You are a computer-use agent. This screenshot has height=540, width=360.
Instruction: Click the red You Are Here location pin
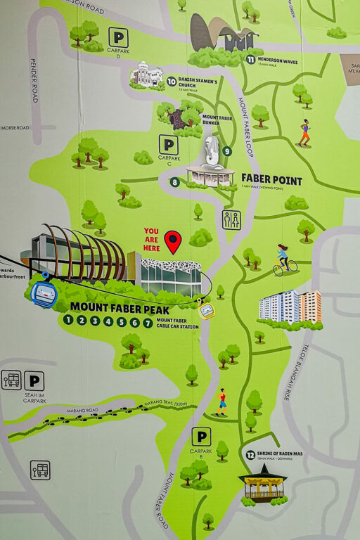tap(172, 242)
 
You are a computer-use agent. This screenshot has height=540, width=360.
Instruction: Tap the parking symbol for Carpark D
tap(118, 37)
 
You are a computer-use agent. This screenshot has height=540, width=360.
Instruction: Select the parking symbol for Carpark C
tap(168, 145)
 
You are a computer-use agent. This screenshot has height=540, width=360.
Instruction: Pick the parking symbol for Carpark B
tap(201, 437)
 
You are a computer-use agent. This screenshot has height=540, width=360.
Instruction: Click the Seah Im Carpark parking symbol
tap(34, 381)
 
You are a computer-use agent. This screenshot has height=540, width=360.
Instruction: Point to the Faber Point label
tap(271, 180)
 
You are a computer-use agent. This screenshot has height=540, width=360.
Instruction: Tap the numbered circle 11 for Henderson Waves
tap(250, 59)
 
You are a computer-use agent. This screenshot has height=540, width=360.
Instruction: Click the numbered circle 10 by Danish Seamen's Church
tap(172, 82)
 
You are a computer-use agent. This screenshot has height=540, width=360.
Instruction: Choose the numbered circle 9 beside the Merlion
tap(229, 150)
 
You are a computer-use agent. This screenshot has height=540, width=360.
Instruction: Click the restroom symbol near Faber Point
tap(231, 219)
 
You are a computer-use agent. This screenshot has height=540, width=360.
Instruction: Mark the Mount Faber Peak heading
tap(110, 307)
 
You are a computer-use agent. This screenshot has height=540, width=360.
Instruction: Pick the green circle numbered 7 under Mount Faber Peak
tap(148, 322)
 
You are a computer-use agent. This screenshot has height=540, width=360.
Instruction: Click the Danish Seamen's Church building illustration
tap(146, 74)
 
